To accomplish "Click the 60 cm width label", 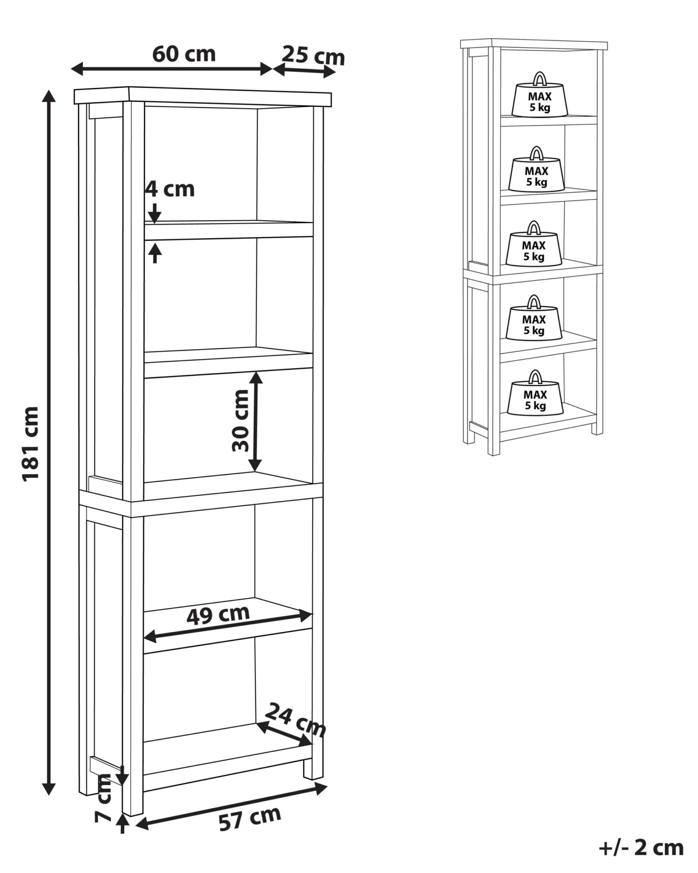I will click(x=184, y=54).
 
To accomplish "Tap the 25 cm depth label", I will click(x=313, y=55).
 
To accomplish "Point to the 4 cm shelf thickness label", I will click(x=170, y=189).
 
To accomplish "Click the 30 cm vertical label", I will click(x=241, y=420).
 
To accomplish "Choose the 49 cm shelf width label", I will click(x=218, y=615).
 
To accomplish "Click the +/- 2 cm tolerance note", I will click(x=641, y=847).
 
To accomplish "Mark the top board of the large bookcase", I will click(x=202, y=95).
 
